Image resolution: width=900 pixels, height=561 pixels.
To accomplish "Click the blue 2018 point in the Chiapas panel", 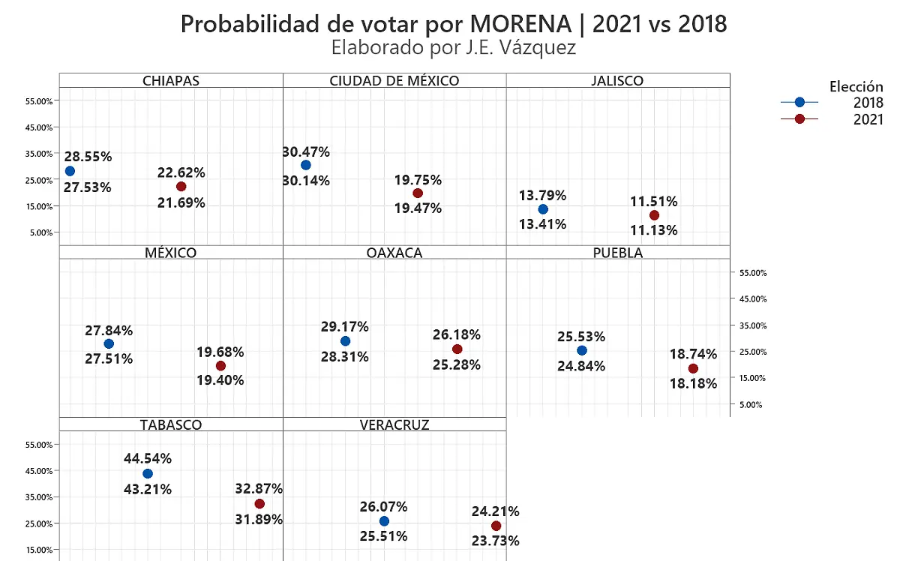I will tap(70, 171).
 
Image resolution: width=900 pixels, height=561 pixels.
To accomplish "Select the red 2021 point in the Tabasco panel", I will tap(259, 504).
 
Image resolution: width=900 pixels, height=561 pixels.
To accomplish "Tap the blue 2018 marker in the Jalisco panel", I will tap(543, 209).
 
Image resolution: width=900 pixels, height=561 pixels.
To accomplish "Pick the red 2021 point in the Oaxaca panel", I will tap(457, 349).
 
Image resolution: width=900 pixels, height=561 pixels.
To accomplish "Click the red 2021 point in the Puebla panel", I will tap(693, 369).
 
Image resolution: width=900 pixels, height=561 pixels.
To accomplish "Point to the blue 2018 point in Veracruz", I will tap(384, 521).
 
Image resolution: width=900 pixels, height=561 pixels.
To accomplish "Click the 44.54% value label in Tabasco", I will tap(148, 458).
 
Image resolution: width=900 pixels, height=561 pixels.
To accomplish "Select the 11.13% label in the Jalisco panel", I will tap(654, 230).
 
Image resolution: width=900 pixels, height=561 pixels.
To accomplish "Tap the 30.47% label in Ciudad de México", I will tap(306, 151).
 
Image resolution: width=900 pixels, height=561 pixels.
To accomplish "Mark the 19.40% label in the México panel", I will tap(220, 380).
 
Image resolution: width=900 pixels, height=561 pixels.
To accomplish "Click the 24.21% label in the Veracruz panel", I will tap(496, 511).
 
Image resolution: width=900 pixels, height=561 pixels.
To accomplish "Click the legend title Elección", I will tap(856, 86).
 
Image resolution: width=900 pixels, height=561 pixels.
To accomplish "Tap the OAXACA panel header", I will tap(394, 253).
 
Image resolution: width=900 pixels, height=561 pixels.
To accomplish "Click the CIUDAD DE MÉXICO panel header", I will tap(394, 81).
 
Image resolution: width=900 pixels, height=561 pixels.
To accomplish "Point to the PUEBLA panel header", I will tap(618, 253).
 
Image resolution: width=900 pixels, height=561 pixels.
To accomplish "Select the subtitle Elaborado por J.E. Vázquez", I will tap(453, 48).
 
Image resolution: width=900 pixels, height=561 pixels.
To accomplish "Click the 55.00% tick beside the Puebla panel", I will tap(752, 273).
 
